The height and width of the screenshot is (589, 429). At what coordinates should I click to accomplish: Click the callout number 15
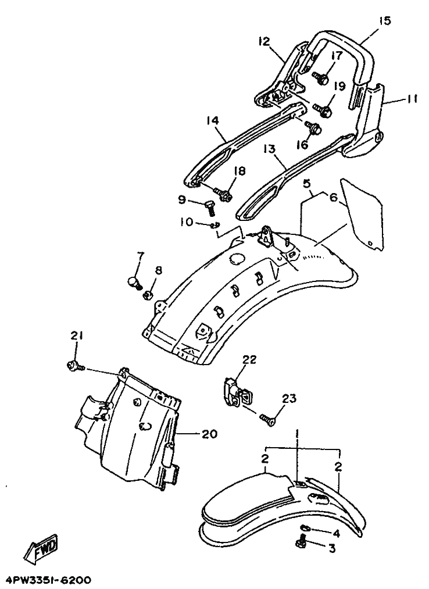[x=384, y=20]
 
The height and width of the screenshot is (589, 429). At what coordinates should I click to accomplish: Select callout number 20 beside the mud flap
[x=210, y=434]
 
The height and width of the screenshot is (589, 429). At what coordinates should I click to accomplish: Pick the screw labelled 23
[x=268, y=419]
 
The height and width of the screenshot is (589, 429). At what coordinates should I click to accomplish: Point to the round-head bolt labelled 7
[x=134, y=282]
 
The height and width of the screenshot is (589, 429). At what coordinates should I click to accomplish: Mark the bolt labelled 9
[x=209, y=207]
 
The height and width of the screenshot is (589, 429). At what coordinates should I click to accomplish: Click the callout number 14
[x=212, y=120]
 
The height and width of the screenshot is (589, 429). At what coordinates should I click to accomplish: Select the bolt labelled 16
[x=313, y=128]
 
